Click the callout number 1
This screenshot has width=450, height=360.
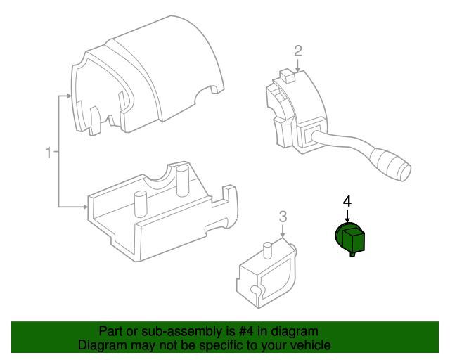click(x=49, y=152)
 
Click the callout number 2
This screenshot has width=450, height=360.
click(x=298, y=50)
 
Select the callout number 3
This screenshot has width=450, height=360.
click(x=283, y=216)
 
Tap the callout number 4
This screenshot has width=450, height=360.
click(x=347, y=200)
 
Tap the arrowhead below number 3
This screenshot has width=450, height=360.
click(x=283, y=236)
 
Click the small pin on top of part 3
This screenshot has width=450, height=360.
click(x=267, y=247)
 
